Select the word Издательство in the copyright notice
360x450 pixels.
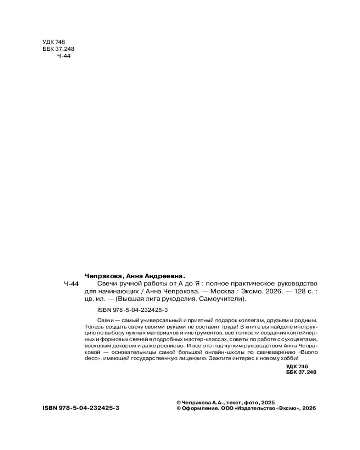coord(255,408)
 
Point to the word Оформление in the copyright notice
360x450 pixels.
coord(200,408)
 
